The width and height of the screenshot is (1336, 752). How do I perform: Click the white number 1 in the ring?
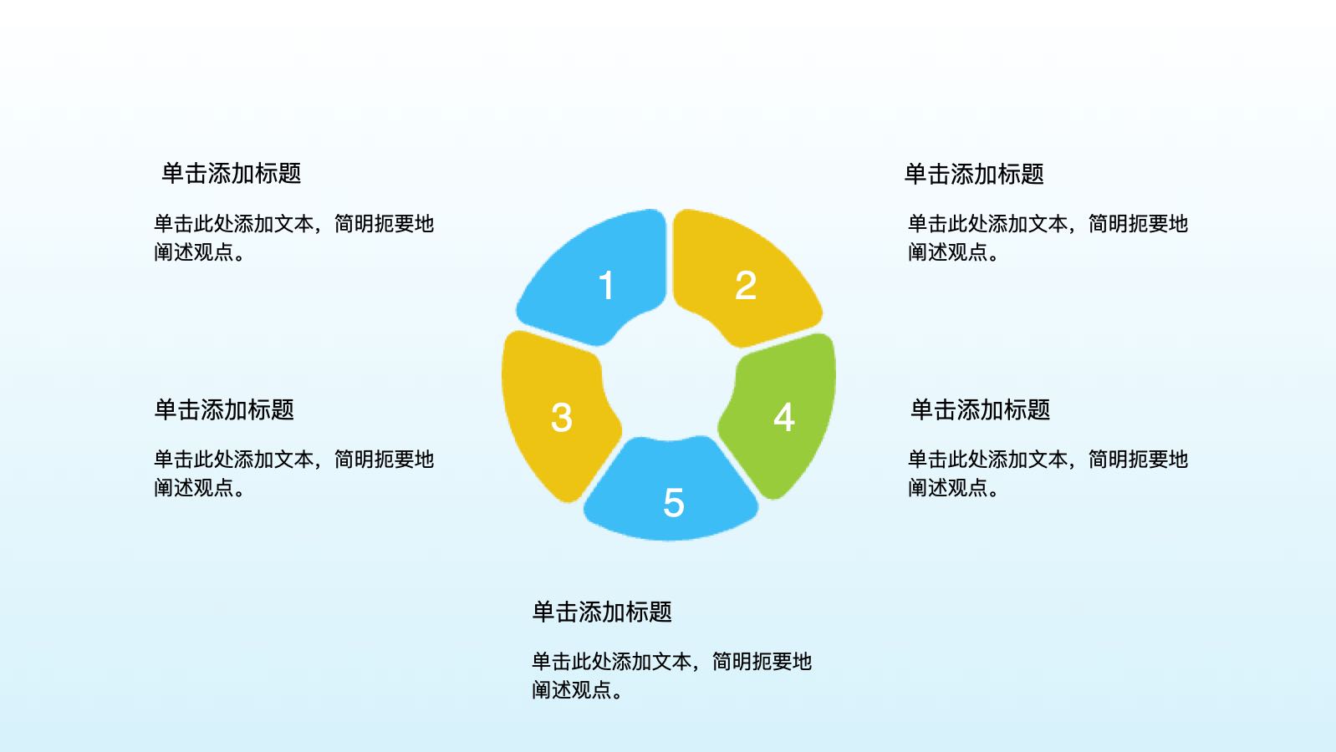coord(607,285)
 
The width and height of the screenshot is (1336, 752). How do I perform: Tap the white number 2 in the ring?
coord(746,285)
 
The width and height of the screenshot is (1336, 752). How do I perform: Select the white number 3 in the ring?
coord(562,417)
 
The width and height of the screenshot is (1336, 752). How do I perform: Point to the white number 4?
coord(783,417)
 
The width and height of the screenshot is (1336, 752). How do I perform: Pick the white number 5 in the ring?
coord(674,502)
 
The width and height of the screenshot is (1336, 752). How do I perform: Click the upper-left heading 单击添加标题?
coord(232,174)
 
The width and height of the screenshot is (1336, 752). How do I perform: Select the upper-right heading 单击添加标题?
coord(974,174)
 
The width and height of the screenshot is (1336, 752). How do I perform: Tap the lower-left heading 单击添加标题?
coord(224,409)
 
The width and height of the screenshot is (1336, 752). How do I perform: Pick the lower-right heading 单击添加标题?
coord(981,409)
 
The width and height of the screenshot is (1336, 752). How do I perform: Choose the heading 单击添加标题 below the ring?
coord(603,612)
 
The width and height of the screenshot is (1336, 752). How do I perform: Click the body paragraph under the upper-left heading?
coord(293,238)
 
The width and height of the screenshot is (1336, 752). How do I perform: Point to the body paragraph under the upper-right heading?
coord(1048,238)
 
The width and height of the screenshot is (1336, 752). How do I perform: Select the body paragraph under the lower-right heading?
coord(1048,473)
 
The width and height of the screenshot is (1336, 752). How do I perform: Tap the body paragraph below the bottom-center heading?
coord(671,676)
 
